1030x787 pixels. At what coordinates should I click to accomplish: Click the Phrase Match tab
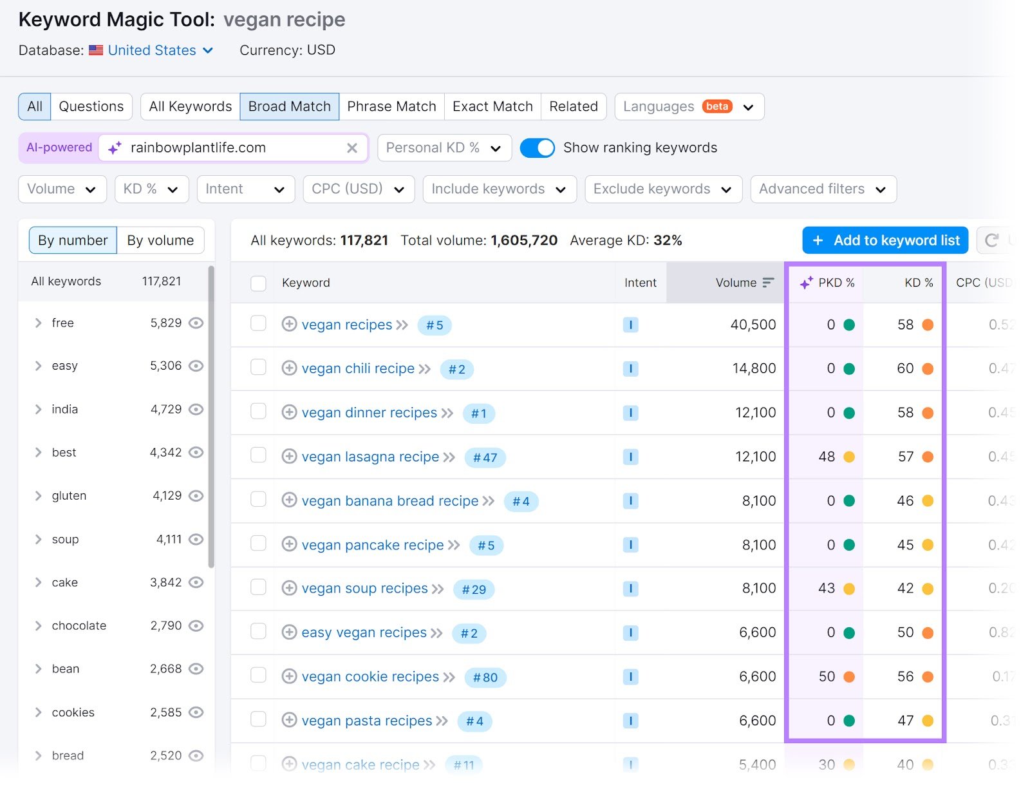click(x=391, y=106)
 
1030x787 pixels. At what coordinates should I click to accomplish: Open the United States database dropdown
click(x=160, y=50)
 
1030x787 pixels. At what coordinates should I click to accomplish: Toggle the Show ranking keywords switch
click(x=537, y=147)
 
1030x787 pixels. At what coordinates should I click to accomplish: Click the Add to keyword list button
click(x=885, y=240)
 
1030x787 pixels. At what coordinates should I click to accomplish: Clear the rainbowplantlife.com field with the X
click(x=352, y=148)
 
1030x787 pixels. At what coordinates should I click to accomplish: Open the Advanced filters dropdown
click(x=823, y=189)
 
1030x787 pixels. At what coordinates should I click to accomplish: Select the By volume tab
click(x=160, y=240)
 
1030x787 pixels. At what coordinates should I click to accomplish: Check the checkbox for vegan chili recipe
click(x=258, y=367)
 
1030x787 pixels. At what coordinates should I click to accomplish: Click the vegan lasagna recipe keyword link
click(x=370, y=457)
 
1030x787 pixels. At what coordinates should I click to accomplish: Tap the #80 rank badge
click(x=485, y=678)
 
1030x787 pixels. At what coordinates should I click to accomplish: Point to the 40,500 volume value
click(x=753, y=325)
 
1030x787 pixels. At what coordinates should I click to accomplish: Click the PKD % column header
click(x=828, y=283)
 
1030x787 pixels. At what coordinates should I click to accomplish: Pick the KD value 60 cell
click(x=905, y=368)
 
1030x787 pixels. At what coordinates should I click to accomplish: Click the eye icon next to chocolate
click(x=196, y=625)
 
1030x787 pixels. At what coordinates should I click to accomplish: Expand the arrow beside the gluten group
click(x=38, y=496)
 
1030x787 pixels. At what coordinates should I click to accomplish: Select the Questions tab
click(x=91, y=106)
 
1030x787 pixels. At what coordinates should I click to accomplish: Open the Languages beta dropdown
click(x=689, y=106)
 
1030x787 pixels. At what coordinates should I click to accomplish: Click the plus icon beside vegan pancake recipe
click(x=290, y=544)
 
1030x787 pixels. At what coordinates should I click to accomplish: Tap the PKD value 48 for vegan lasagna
click(x=827, y=457)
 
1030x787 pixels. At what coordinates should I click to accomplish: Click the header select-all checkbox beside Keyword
click(x=258, y=283)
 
